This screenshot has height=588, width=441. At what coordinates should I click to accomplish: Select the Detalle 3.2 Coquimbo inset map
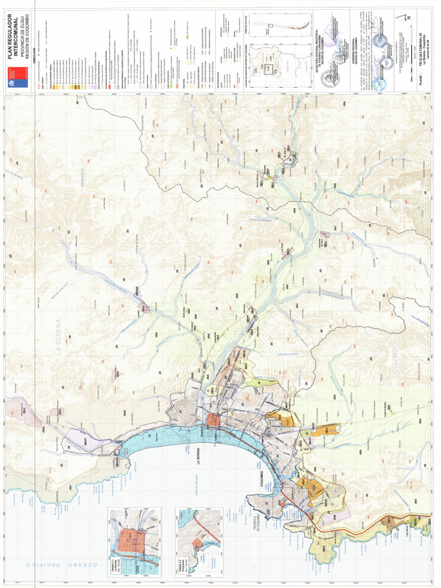199,541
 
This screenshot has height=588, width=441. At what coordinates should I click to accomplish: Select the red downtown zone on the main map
214,421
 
